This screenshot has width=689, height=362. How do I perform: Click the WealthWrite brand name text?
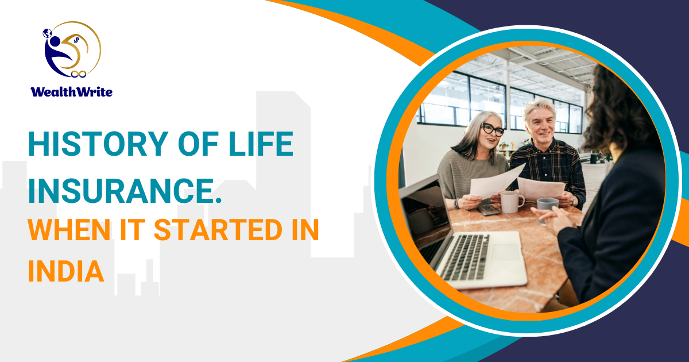(x=71, y=92)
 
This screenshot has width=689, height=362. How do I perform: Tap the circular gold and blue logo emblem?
(x=72, y=49)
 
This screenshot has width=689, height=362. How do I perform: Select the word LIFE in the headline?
(x=261, y=144)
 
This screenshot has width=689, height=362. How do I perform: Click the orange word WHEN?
(x=69, y=230)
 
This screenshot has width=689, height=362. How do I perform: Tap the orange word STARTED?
(x=218, y=230)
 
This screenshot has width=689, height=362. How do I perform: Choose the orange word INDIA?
(x=66, y=271)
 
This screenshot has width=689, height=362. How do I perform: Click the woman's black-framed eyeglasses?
(x=493, y=129)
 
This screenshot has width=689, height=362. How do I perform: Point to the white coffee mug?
(x=511, y=202)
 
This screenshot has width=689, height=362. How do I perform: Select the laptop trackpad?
(x=505, y=252)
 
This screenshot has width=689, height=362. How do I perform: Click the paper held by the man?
(x=541, y=188)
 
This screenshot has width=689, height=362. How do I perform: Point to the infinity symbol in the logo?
(x=79, y=74)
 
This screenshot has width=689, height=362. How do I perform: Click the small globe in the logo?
(x=47, y=33)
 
